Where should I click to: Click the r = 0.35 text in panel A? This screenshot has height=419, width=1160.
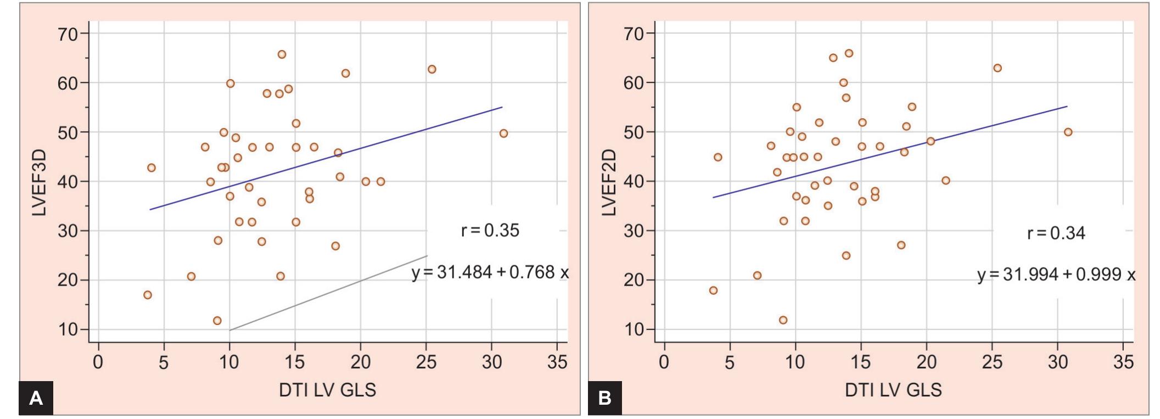(490, 231)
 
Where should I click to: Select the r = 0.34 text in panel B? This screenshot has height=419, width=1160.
(1056, 233)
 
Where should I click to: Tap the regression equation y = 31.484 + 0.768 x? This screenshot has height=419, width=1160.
(490, 273)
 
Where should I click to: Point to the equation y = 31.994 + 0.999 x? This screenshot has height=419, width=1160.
(1056, 275)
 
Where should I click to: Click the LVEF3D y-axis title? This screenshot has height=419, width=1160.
(39, 182)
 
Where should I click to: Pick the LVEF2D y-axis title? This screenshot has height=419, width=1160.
(609, 182)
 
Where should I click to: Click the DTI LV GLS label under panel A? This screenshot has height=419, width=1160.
(328, 390)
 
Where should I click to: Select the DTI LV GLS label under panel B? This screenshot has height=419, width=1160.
(893, 390)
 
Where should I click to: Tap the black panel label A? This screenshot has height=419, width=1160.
(36, 398)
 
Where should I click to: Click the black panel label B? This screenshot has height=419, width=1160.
(604, 398)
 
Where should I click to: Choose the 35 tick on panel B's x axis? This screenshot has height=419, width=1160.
(1123, 362)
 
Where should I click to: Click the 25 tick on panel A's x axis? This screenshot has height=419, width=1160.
(426, 362)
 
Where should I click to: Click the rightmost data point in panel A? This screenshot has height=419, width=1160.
(503, 133)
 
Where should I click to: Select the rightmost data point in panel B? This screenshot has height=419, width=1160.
(1068, 132)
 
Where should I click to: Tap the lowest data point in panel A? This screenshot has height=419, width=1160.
(217, 321)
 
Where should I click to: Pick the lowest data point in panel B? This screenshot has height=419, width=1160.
(783, 320)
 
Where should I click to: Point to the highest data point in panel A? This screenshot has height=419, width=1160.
(282, 54)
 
